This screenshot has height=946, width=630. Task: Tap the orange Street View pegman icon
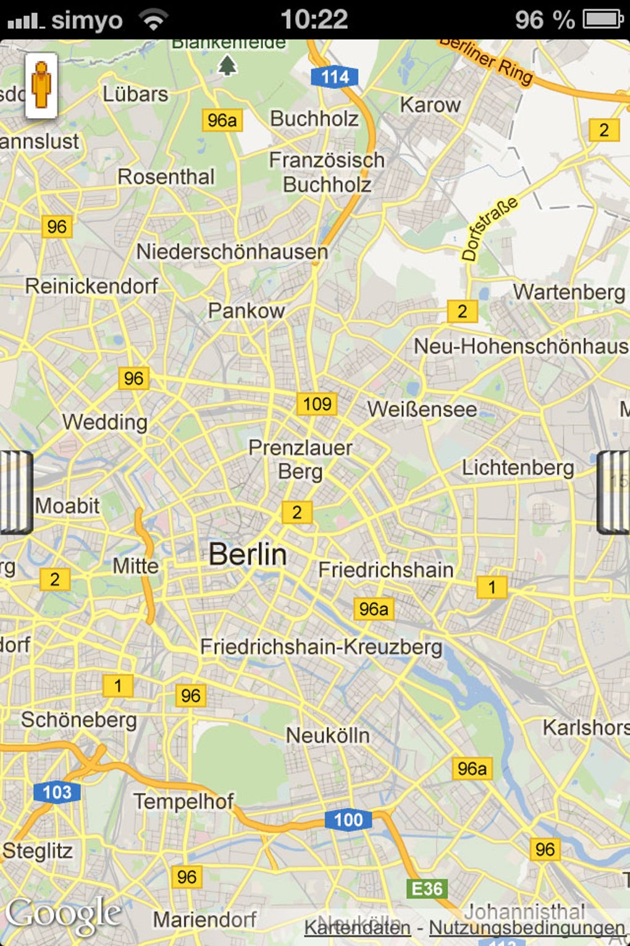[x=41, y=85]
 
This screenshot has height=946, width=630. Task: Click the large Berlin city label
[x=248, y=554]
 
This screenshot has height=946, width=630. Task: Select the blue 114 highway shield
[x=335, y=77]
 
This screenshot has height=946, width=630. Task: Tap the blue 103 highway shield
[x=57, y=792]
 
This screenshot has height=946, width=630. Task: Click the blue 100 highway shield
[x=348, y=820]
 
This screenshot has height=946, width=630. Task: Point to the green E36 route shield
[x=427, y=888]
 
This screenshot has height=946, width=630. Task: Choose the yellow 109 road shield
[x=317, y=404]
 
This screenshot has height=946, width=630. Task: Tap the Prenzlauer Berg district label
[x=300, y=459]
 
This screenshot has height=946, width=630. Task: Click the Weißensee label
[x=422, y=409]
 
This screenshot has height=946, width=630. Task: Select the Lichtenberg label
[x=518, y=467]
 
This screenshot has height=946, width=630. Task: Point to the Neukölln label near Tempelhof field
[x=327, y=735]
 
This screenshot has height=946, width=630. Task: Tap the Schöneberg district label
[x=79, y=720]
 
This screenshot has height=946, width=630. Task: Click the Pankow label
[x=246, y=310]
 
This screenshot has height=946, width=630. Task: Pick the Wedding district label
[x=105, y=422]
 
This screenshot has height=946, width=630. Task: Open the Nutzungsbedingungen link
[x=527, y=927]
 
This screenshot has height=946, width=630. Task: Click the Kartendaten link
[x=357, y=927]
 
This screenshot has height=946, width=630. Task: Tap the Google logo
[x=63, y=914]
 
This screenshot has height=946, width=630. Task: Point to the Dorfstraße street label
[x=489, y=229]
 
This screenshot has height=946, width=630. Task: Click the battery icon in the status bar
[x=603, y=19]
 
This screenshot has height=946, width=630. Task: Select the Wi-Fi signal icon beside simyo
[x=153, y=20]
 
